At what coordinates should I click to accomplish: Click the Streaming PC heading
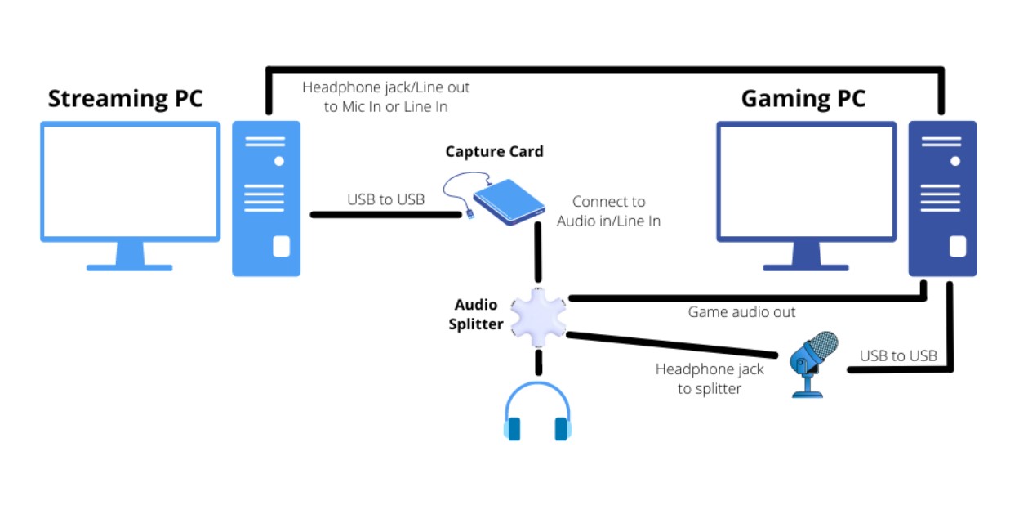125,99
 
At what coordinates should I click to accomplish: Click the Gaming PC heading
803,99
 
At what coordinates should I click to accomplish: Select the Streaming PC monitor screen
131,181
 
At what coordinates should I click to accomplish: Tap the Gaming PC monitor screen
806,181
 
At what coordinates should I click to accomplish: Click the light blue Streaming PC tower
266,199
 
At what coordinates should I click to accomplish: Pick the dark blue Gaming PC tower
942,199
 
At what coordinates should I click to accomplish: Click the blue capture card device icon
509,203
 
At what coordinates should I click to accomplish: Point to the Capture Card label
494,152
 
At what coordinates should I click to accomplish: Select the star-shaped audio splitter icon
537,317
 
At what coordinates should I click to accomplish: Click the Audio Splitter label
476,314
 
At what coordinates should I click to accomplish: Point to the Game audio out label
741,312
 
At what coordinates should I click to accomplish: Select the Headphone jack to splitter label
710,379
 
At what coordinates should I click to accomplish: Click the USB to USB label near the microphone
898,355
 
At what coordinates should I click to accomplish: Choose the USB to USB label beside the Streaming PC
385,199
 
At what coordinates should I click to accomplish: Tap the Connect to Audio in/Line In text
608,211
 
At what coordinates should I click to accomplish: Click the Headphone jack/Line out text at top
385,96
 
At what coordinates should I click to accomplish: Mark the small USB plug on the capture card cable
471,213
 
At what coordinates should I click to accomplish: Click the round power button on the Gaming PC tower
954,161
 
